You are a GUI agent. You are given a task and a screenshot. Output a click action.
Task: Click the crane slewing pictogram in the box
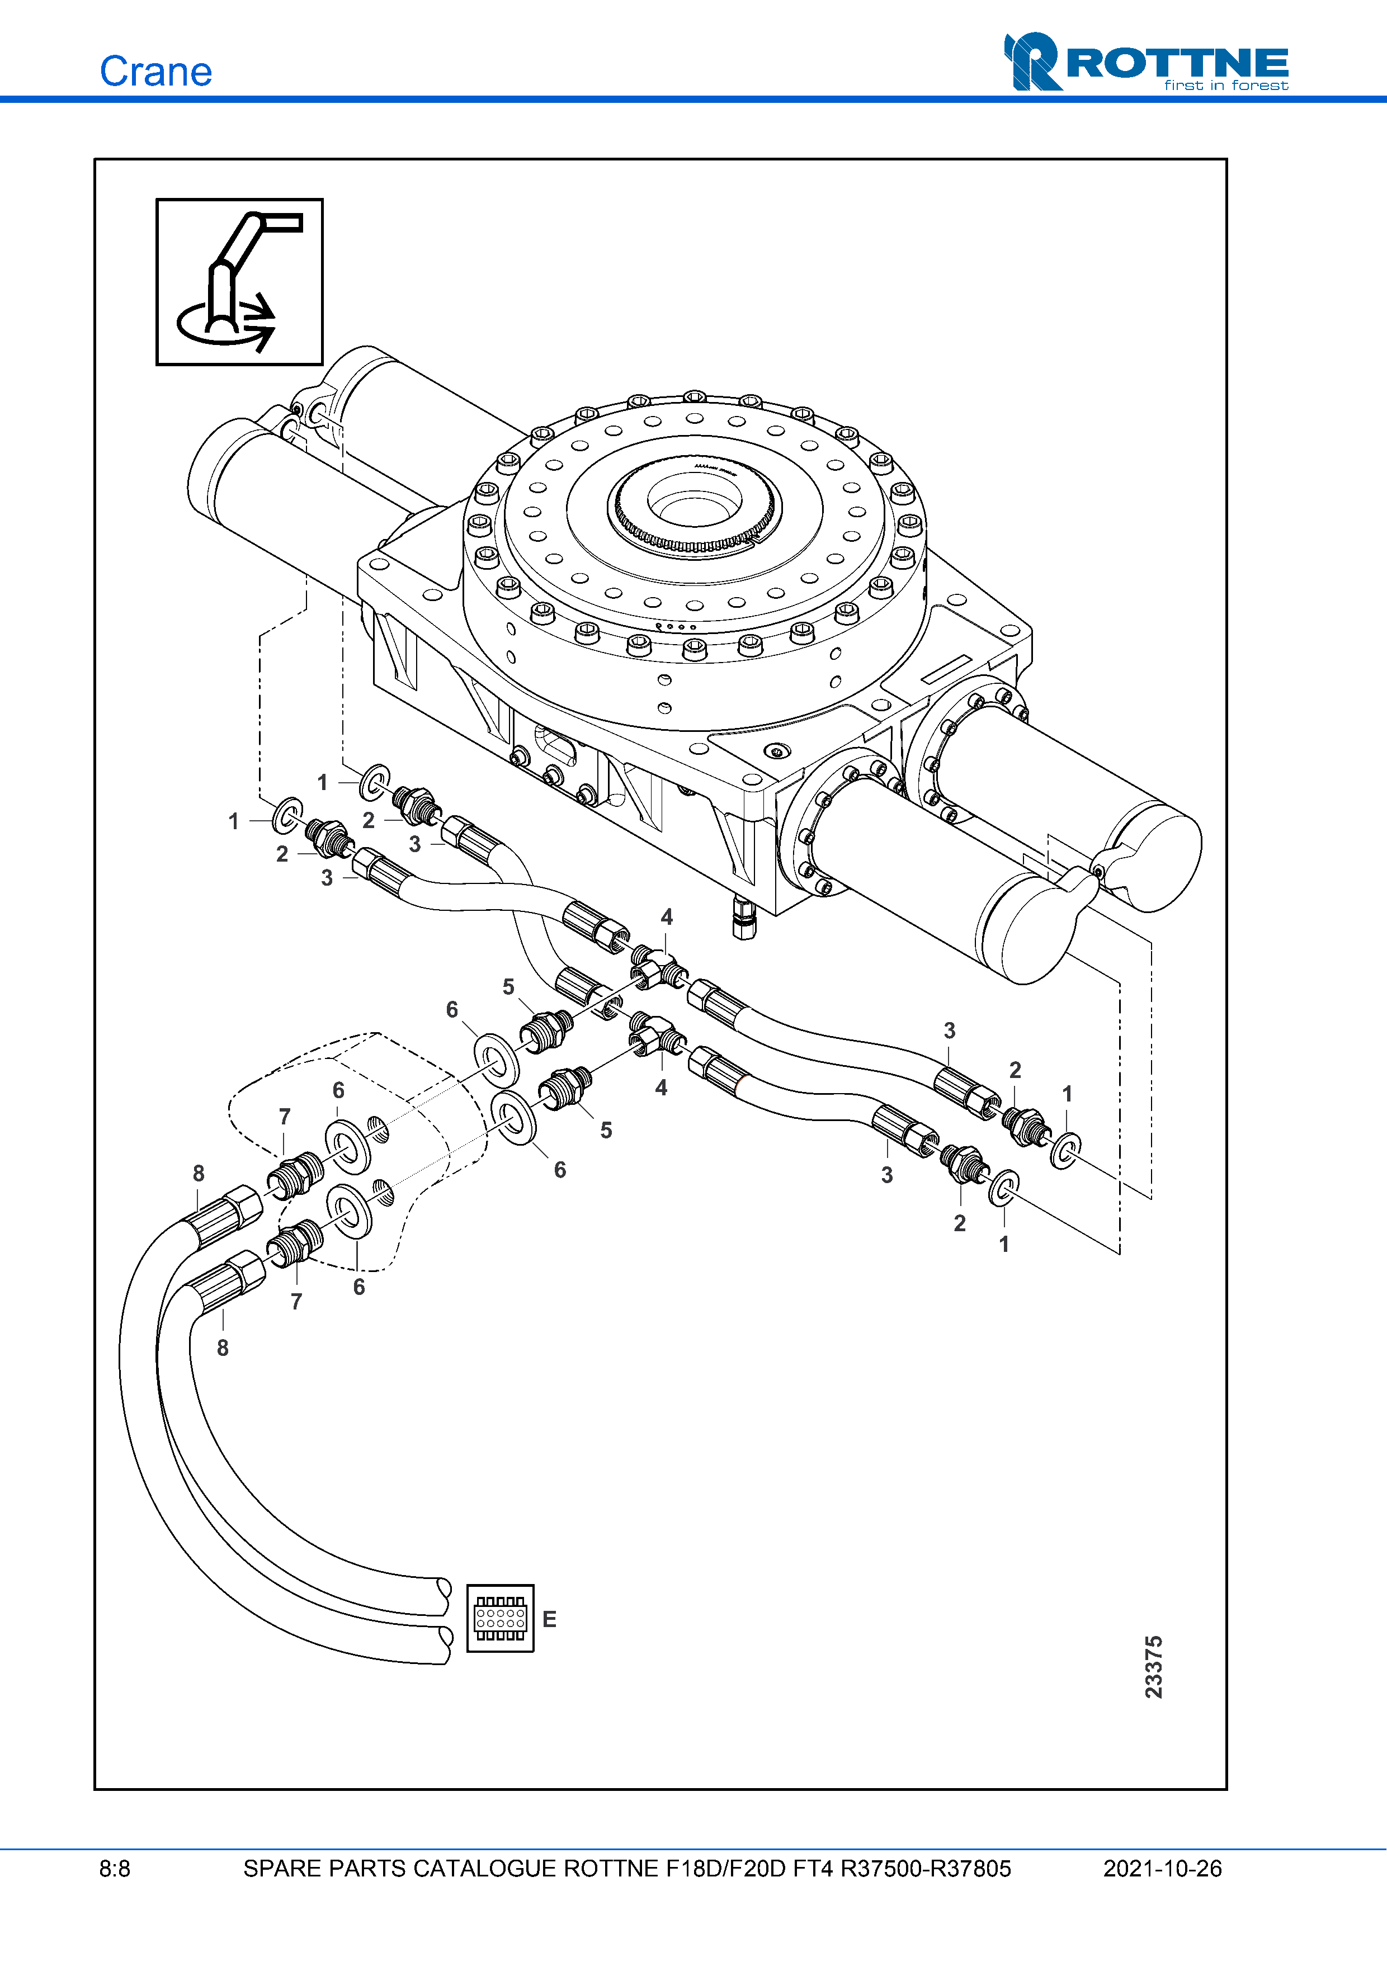[x=239, y=282]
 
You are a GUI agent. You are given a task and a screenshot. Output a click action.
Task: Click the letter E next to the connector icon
[x=550, y=1619]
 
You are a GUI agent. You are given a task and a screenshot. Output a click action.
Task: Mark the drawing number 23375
[x=1154, y=1666]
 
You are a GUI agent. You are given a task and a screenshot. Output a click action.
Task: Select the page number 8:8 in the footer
[x=115, y=1869]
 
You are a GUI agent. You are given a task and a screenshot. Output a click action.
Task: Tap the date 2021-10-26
[x=1162, y=1869]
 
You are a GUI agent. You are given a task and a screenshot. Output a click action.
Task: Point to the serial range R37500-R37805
[x=926, y=1869]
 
